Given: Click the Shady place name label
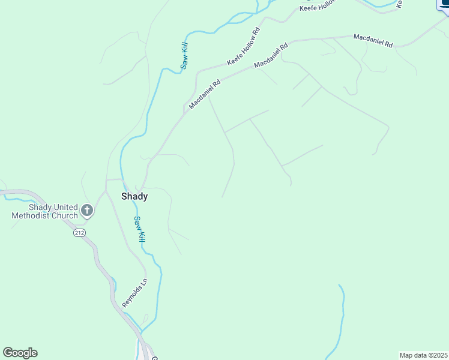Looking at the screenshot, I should [134, 196].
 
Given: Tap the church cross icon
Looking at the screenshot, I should [87, 211].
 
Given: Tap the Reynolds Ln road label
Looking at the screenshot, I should [134, 293].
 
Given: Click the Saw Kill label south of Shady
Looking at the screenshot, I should [140, 229].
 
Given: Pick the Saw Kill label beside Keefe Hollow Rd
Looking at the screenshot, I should [185, 53].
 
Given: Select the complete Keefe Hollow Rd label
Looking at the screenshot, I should [243, 47].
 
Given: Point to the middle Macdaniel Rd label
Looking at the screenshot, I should [271, 55].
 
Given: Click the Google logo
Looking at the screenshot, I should [20, 352].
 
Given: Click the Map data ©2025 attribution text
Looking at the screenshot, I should [423, 355].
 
